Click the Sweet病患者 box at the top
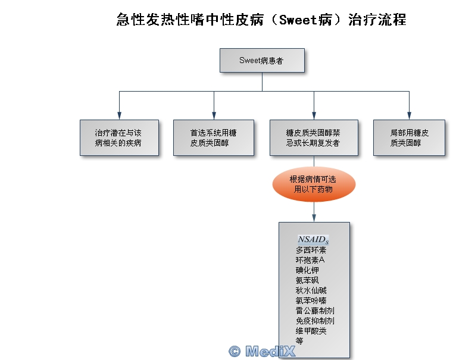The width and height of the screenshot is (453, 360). (262, 60)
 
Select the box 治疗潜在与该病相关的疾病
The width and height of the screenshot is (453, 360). (119, 138)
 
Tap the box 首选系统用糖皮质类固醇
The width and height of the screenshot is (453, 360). (214, 138)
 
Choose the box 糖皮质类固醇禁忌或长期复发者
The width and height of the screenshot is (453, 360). (313, 138)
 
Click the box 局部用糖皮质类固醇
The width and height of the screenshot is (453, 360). (409, 138)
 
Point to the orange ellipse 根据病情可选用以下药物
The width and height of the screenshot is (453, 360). (313, 184)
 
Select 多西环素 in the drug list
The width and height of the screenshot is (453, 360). (311, 250)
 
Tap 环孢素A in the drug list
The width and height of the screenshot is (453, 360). (310, 260)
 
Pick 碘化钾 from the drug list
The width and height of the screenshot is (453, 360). (307, 270)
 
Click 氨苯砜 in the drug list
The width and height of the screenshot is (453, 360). (307, 280)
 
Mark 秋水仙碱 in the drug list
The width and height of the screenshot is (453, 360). (311, 290)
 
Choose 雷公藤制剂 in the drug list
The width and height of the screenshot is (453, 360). (314, 311)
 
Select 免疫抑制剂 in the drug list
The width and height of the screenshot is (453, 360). (314, 321)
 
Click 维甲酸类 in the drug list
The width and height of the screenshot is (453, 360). (311, 331)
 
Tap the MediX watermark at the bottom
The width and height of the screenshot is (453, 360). (262, 351)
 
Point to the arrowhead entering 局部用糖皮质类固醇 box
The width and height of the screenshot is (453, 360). (409, 116)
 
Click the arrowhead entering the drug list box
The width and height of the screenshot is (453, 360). (314, 218)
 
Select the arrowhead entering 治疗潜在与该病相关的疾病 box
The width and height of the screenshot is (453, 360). (119, 116)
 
